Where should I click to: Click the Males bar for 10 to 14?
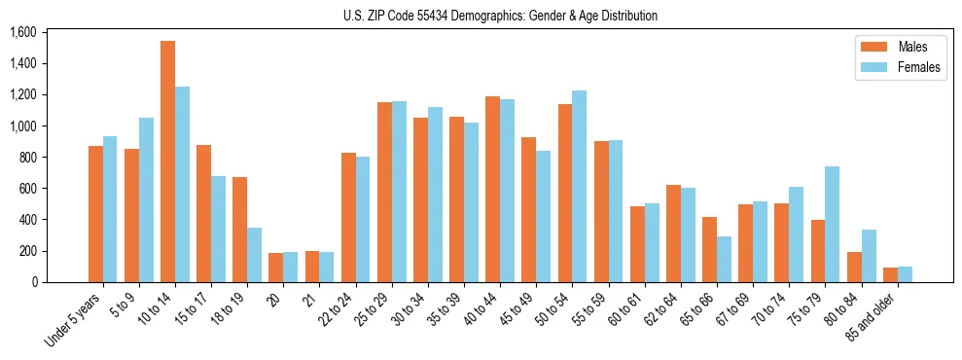[x=167, y=162]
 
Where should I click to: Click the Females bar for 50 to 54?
[x=579, y=186]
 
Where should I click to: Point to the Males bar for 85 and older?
[x=890, y=274]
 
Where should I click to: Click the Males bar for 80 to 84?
[x=854, y=267]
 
